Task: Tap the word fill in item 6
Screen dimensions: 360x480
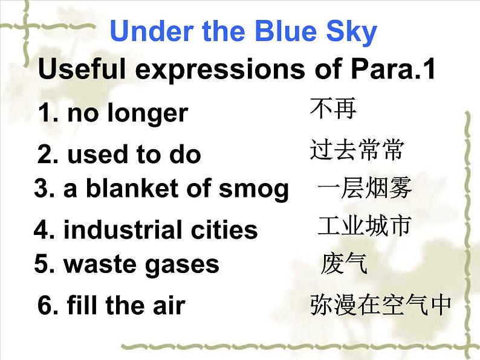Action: click(83, 305)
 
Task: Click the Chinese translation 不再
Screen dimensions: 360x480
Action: click(333, 109)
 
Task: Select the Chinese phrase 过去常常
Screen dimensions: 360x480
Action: click(356, 150)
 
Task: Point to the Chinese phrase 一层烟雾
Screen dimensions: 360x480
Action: click(365, 189)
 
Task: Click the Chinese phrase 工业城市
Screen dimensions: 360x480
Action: click(365, 226)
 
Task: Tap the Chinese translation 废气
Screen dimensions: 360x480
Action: click(344, 264)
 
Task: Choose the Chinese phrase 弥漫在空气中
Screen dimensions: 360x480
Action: click(380, 305)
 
